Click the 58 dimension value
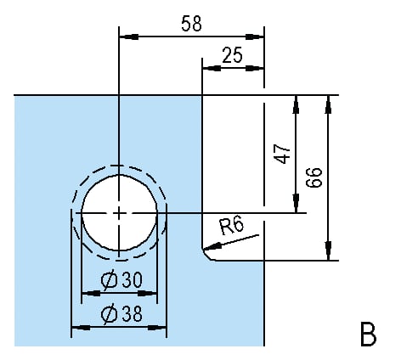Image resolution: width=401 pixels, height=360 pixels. [191, 24]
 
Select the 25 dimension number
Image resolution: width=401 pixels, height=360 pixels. [232, 55]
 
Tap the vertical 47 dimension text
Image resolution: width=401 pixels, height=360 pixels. [282, 154]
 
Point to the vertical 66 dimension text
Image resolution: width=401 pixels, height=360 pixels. [314, 177]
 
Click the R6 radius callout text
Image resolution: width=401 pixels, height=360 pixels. [231, 225]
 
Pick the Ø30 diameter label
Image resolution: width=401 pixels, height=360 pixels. [121, 280]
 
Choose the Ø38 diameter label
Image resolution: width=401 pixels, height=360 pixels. [121, 314]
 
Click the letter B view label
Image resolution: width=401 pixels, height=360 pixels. [368, 334]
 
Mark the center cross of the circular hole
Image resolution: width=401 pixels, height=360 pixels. [119, 212]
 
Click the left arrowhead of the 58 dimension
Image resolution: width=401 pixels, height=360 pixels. [129, 37]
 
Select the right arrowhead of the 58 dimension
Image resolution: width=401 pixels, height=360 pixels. [254, 37]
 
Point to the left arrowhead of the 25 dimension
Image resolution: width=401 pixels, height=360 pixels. [212, 68]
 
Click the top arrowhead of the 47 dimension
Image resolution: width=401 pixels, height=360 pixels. [297, 104]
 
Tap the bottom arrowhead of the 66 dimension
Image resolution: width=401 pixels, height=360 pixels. [328, 250]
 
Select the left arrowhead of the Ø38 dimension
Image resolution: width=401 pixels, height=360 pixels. [81, 328]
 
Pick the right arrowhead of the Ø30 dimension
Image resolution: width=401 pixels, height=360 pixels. [147, 294]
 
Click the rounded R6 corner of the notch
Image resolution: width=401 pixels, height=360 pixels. [206, 256]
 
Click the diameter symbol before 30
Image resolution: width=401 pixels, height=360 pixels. [109, 280]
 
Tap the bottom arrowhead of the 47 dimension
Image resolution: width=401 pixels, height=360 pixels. [297, 203]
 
